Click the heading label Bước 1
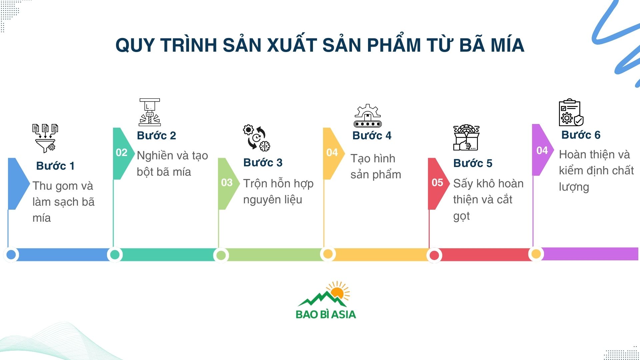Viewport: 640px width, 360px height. [55, 166]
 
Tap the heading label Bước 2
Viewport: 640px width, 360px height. [156, 136]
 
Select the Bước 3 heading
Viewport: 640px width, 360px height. [263, 163]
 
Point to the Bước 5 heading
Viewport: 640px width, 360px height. [473, 163]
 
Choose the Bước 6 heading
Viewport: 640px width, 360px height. [581, 135]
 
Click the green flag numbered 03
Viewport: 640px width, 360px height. [227, 183]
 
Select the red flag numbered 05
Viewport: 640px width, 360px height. [437, 183]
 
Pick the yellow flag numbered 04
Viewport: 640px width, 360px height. [332, 153]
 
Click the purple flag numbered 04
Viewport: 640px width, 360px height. [542, 151]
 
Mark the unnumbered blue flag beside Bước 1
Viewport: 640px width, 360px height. [17, 183]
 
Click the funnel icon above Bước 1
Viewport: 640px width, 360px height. [45, 138]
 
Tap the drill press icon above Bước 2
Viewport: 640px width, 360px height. [150, 112]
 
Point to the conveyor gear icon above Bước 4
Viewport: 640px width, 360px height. [367, 116]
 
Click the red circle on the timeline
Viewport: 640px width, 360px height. [434, 255]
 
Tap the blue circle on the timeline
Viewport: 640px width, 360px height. [11, 255]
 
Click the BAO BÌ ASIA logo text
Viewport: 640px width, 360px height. [326, 314]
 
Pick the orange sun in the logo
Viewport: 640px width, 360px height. [338, 292]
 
